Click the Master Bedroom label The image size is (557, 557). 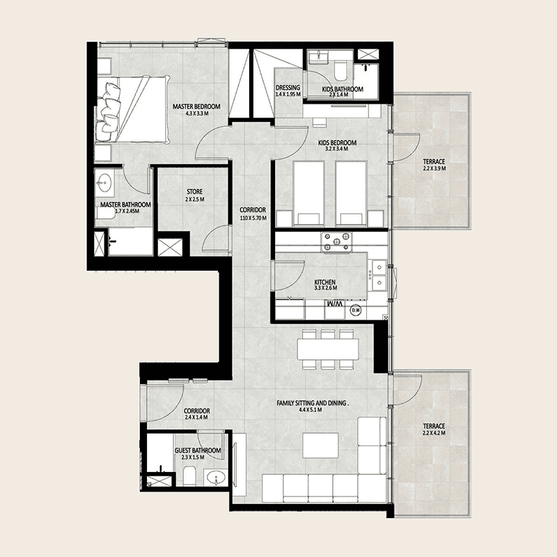[196, 107]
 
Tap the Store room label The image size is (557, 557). [195, 192]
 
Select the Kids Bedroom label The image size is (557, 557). [337, 143]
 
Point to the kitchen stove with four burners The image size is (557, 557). [336, 242]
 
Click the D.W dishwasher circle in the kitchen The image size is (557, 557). [356, 310]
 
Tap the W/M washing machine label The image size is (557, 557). [335, 304]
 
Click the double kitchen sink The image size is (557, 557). [379, 274]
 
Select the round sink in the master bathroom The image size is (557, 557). [104, 183]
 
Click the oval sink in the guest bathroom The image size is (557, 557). [217, 478]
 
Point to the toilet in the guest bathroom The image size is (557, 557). [189, 476]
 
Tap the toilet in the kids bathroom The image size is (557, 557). [340, 72]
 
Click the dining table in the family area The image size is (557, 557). [328, 349]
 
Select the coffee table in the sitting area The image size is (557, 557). [320, 445]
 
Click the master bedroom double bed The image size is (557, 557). [132, 109]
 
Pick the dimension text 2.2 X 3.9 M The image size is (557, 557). [434, 168]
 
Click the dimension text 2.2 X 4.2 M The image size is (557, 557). [434, 433]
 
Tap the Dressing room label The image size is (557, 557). [288, 88]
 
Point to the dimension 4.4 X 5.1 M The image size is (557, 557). [310, 409]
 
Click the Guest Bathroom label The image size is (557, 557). [198, 450]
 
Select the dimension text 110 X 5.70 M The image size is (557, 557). [253, 218]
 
